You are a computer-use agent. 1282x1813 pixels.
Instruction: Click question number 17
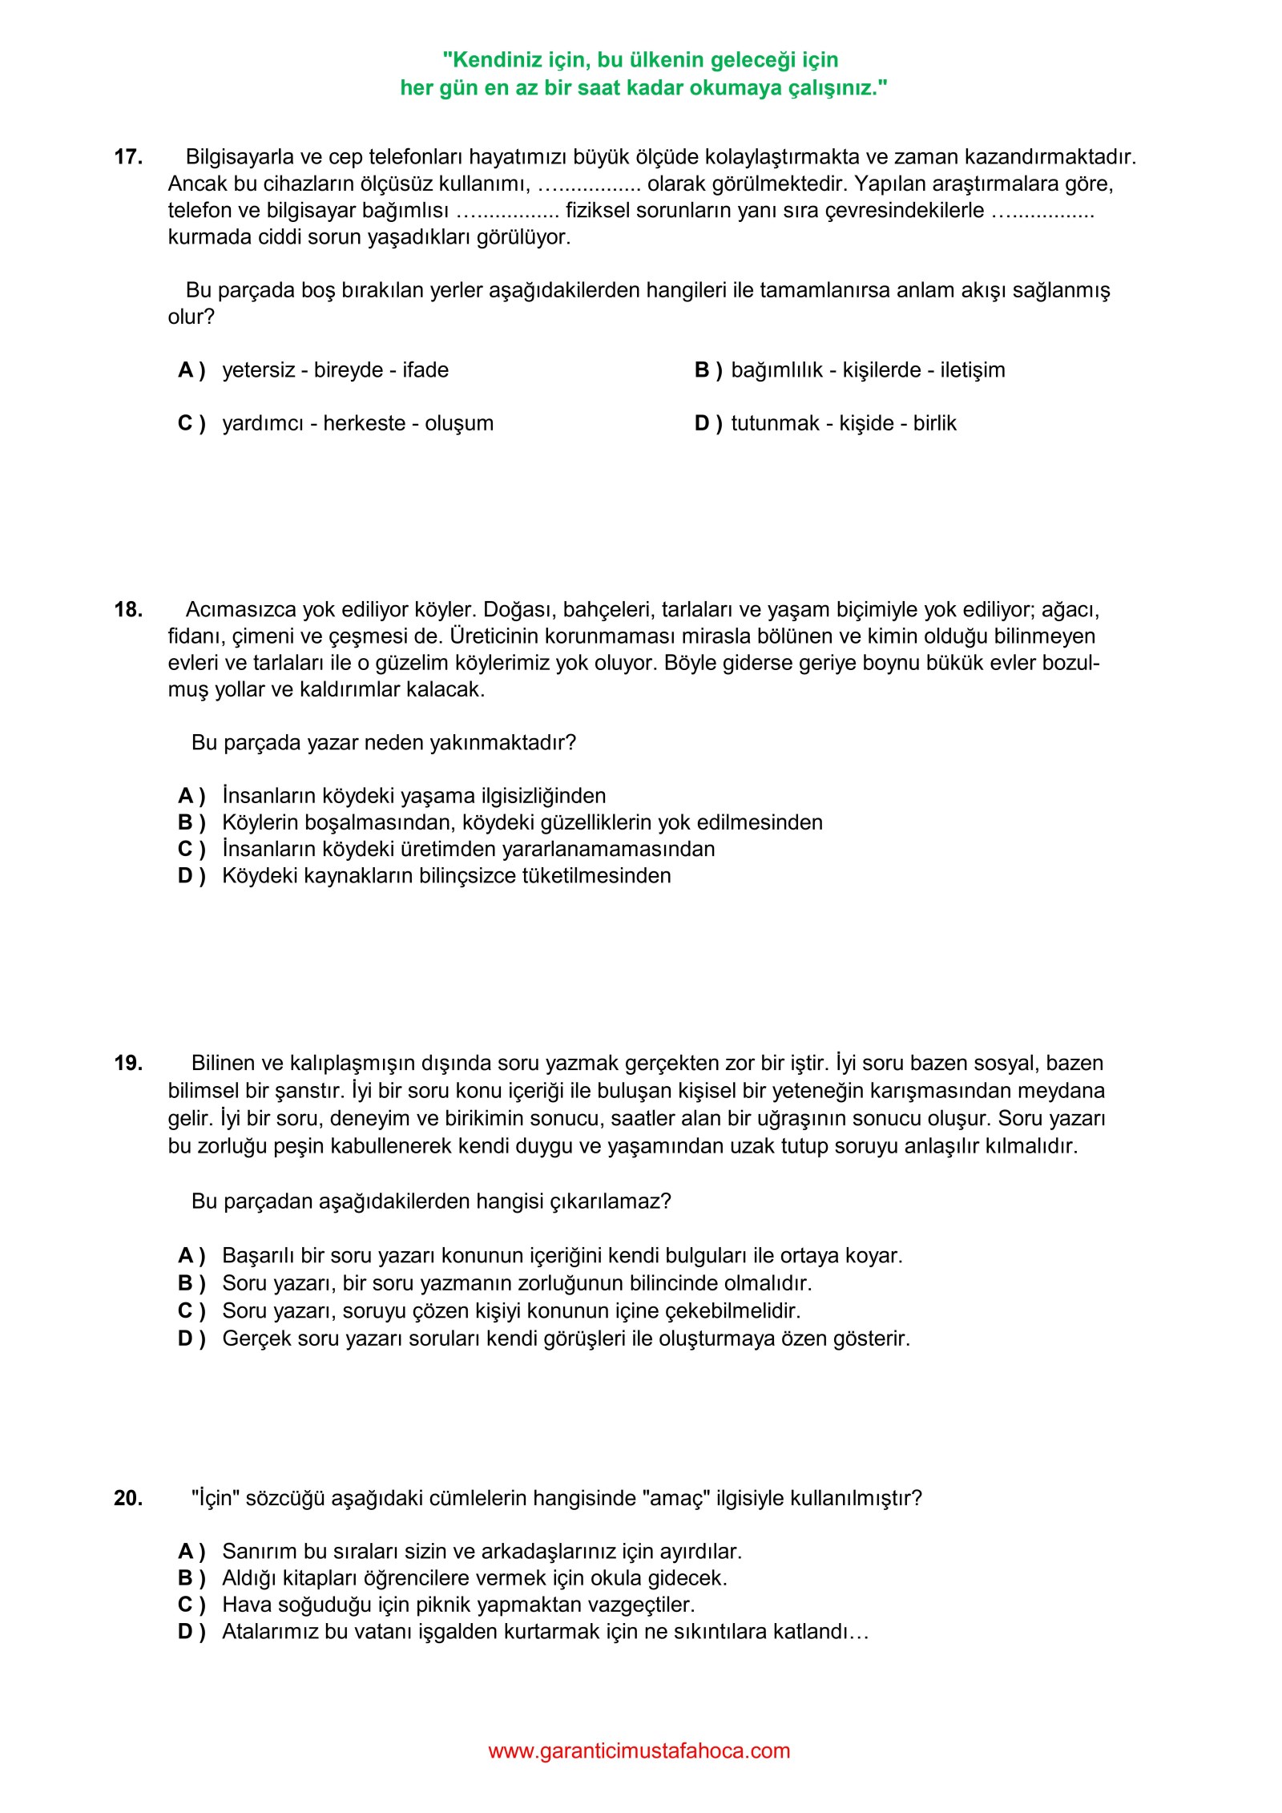pyautogui.click(x=128, y=157)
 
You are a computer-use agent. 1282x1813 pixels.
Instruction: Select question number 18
pyautogui.click(x=128, y=610)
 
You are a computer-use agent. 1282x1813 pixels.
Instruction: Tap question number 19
pyautogui.click(x=128, y=1064)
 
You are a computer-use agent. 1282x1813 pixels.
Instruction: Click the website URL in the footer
pyautogui.click(x=639, y=1750)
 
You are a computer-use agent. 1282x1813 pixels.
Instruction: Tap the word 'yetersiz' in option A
pyautogui.click(x=258, y=370)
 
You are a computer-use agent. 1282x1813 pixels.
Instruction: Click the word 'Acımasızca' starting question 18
pyautogui.click(x=240, y=610)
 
